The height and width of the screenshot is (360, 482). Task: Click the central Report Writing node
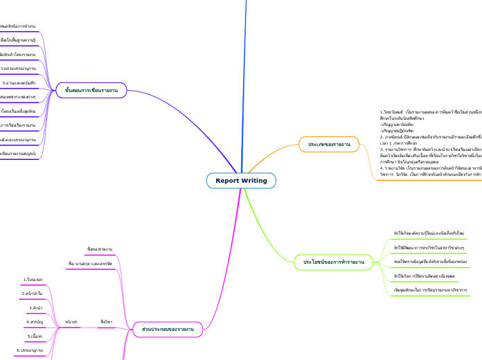tap(241, 181)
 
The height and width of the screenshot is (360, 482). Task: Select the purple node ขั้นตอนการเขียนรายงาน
tap(91, 90)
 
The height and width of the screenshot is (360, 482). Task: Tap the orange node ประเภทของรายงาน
tap(325, 145)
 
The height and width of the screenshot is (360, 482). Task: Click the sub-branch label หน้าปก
tap(71, 322)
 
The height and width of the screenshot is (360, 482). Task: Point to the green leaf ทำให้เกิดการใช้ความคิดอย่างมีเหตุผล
tap(420, 276)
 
